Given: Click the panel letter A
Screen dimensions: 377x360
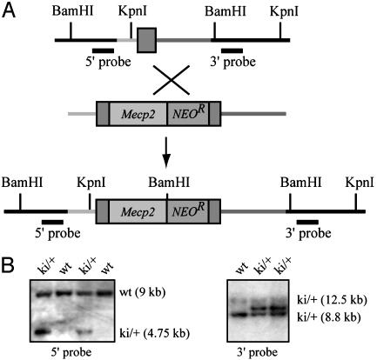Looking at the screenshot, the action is click(9, 11).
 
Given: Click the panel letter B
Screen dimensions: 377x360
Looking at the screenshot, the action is click(8, 265).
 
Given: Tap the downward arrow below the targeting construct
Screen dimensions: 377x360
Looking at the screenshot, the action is click(165, 152).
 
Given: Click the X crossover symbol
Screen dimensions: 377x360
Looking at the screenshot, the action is click(172, 80).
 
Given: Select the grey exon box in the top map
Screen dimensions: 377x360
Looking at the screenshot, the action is click(147, 40).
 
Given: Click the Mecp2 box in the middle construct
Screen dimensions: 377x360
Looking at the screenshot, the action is click(138, 114).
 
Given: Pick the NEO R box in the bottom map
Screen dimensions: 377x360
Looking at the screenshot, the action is click(188, 211).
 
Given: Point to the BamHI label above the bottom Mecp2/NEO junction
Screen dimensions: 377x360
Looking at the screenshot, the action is click(169, 183).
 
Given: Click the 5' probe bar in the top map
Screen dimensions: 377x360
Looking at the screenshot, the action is click(103, 51).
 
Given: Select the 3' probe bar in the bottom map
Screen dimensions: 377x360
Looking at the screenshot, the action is click(307, 222).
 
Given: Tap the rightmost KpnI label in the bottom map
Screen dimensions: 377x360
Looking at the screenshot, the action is click(360, 183).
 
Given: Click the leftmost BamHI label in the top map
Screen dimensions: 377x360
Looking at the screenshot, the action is click(73, 11).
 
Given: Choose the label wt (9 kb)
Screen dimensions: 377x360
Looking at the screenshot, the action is click(142, 293).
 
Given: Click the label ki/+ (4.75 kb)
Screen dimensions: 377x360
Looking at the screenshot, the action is click(154, 334).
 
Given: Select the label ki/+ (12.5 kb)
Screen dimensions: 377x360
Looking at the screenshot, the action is click(331, 300).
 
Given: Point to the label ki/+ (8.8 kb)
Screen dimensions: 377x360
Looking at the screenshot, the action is click(329, 317).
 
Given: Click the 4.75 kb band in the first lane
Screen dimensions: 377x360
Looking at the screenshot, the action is click(41, 331).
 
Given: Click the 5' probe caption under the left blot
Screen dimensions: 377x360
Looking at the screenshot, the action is click(71, 352).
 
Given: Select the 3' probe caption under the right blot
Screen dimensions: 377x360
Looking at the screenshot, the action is click(257, 352).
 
